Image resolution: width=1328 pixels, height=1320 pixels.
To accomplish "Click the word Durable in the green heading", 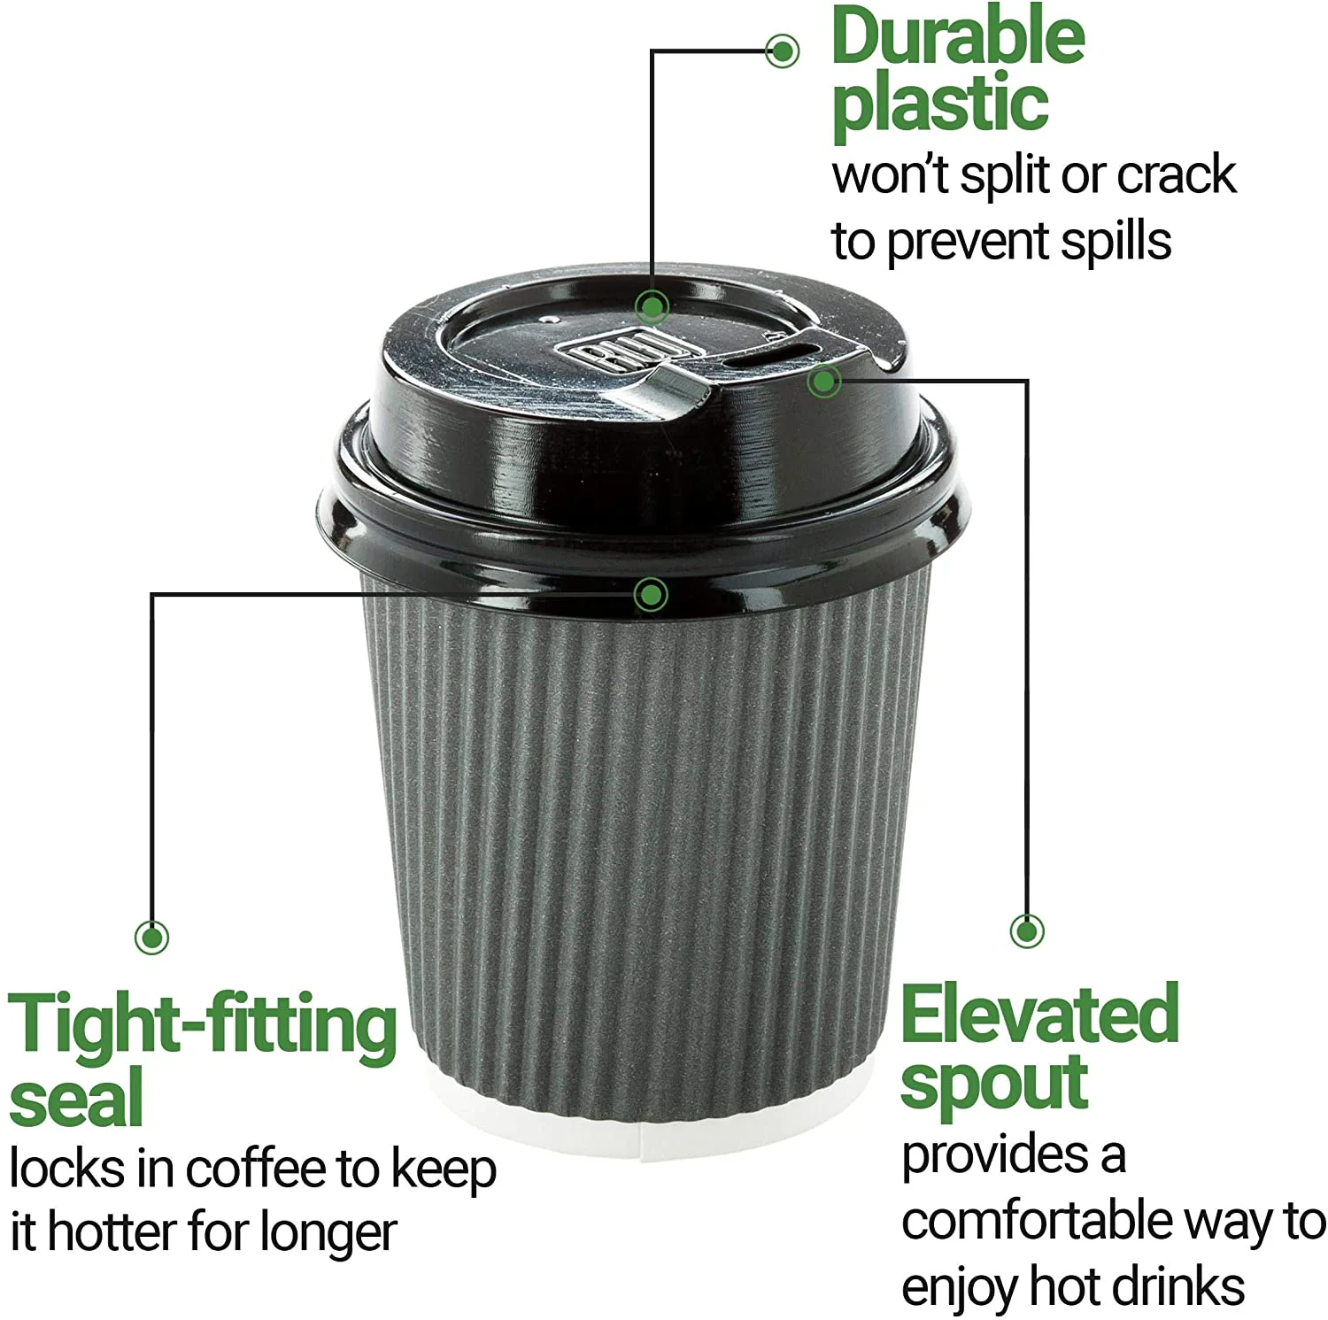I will pyautogui.click(x=958, y=37).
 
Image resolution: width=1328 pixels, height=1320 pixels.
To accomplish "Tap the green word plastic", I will pyautogui.click(x=940, y=104).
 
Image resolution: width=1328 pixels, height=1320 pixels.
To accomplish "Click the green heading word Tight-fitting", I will pyautogui.click(x=203, y=1025).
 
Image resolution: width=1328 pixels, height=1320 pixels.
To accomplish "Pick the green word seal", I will pyautogui.click(x=76, y=1097).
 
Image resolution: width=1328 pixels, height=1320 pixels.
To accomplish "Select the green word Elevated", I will pyautogui.click(x=1039, y=1015).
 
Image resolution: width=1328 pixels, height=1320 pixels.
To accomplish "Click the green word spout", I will pyautogui.click(x=993, y=1084).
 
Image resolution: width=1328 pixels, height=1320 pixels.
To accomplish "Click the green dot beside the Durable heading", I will pyautogui.click(x=782, y=50).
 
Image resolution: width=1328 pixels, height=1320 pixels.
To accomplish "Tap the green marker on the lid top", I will pyautogui.click(x=652, y=307).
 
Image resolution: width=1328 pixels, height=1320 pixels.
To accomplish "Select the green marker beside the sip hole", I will pyautogui.click(x=823, y=382).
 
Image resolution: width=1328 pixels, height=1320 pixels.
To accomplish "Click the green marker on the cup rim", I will pyautogui.click(x=651, y=594).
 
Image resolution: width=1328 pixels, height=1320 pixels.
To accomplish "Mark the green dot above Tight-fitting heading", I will pyautogui.click(x=151, y=937).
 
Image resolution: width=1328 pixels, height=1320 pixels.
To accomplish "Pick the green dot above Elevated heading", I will pyautogui.click(x=1026, y=930).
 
